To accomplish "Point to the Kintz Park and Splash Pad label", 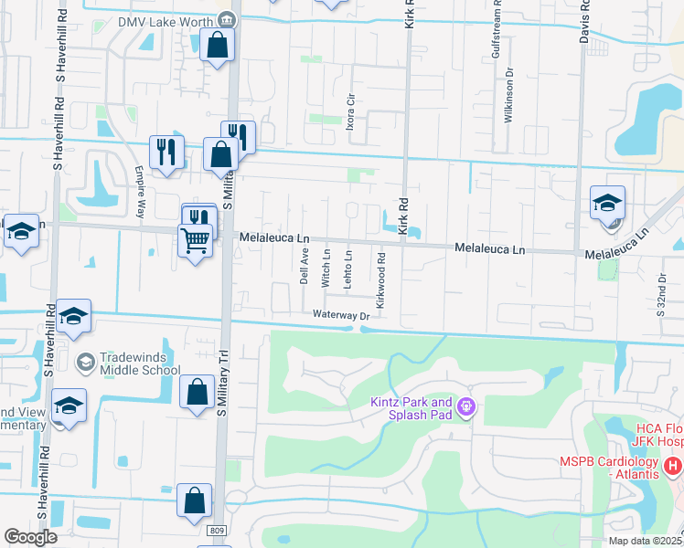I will pyautogui.click(x=411, y=408).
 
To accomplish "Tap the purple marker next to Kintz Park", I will pyautogui.click(x=466, y=406).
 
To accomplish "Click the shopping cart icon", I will pyautogui.click(x=195, y=241).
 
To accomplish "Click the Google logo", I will pyautogui.click(x=30, y=537).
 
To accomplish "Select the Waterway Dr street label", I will pyautogui.click(x=338, y=316).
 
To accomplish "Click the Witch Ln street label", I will pyautogui.click(x=326, y=267).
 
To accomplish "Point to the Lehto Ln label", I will pyautogui.click(x=348, y=268).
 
